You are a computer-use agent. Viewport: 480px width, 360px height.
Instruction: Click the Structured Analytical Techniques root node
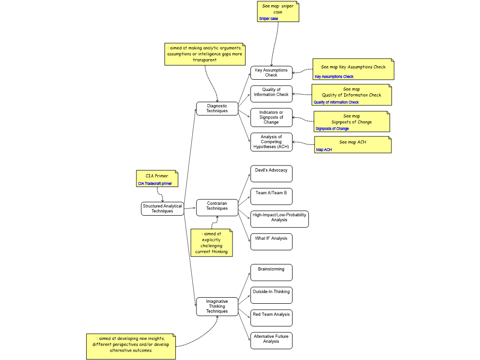(x=162, y=209)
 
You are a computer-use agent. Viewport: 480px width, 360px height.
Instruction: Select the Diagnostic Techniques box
(x=217, y=109)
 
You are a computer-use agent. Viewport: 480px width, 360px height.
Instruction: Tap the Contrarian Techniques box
(x=217, y=206)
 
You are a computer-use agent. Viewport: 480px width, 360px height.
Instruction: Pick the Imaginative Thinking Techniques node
(x=217, y=307)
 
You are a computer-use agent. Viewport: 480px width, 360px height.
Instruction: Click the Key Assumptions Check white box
(x=271, y=73)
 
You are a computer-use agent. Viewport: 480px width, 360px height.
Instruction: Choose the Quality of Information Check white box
(x=271, y=93)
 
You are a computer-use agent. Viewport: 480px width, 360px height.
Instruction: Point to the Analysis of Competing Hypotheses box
(x=271, y=142)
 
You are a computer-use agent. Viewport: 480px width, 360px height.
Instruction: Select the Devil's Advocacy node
(x=271, y=173)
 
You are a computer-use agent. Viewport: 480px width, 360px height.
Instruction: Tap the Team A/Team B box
(x=271, y=196)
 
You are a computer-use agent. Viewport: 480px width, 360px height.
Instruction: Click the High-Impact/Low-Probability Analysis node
(x=279, y=218)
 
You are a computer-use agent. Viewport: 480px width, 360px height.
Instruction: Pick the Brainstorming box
(x=271, y=272)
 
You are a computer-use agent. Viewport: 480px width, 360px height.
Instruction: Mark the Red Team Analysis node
(x=271, y=317)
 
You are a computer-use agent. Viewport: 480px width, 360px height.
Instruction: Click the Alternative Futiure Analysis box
(x=271, y=340)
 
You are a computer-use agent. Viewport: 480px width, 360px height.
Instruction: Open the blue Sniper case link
(x=269, y=19)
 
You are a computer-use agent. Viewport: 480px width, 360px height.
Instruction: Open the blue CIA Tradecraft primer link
(x=155, y=184)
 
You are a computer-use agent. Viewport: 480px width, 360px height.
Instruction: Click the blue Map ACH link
(x=324, y=150)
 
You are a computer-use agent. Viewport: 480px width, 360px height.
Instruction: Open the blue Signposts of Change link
(x=332, y=129)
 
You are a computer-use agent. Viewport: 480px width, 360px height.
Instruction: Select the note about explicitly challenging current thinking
(x=211, y=242)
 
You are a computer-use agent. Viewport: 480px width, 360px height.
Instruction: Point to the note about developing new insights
(x=131, y=346)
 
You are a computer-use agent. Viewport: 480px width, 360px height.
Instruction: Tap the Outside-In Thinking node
(x=271, y=295)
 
